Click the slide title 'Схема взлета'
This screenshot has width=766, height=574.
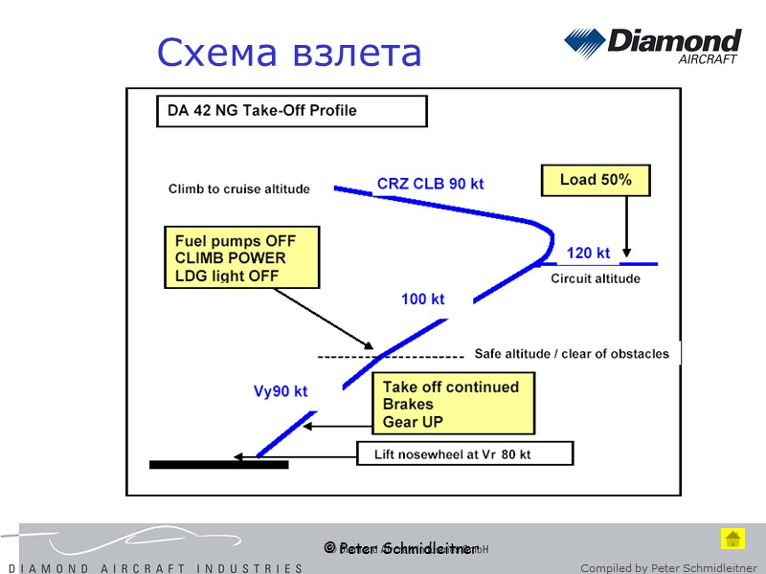289,53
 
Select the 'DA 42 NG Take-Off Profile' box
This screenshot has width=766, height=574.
291,111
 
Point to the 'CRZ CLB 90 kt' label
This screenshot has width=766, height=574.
430,184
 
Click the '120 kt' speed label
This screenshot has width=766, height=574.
588,254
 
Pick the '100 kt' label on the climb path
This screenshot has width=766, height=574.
422,299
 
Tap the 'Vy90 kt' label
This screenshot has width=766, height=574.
280,391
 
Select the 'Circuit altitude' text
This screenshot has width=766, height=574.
595,279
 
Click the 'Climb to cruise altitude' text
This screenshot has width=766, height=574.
239,189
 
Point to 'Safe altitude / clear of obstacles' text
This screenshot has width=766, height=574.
572,354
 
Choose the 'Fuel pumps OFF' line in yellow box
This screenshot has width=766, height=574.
235,241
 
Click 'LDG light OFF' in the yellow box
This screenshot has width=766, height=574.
226,276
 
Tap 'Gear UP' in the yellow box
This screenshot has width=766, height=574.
413,422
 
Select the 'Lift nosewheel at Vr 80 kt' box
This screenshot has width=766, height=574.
465,454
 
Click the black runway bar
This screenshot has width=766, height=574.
218,465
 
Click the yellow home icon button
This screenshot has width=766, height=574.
732,539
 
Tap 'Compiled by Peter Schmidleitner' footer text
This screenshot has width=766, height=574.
668,568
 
